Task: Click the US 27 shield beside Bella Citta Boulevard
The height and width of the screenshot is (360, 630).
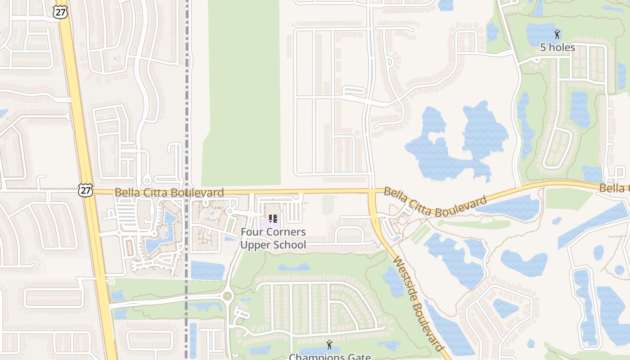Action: pos(85,190)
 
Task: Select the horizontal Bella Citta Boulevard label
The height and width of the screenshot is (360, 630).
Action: pos(169,193)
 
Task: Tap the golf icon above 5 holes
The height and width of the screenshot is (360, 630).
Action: pos(557,34)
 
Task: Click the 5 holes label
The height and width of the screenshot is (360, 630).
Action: pos(557,47)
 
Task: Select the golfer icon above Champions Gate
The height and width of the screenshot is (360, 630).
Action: pos(329,345)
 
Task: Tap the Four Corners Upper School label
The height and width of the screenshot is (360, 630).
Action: pos(273,238)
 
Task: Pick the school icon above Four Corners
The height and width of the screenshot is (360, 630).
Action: pos(273,219)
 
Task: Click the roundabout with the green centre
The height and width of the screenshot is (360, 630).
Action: pos(227,296)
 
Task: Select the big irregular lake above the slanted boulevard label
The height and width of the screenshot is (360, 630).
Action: pos(454,144)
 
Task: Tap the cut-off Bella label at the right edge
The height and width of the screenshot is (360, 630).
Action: pos(615,188)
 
